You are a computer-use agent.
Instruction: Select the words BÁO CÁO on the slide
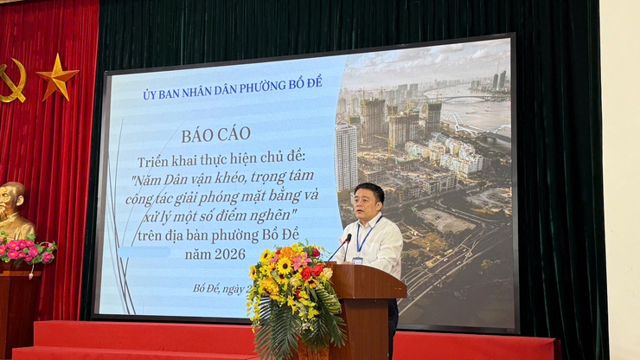pyautogui.click(x=216, y=135)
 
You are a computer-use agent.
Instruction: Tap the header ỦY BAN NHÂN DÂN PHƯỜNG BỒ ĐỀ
pyautogui.click(x=232, y=94)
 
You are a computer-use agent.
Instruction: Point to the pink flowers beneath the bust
pyautogui.click(x=26, y=250)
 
